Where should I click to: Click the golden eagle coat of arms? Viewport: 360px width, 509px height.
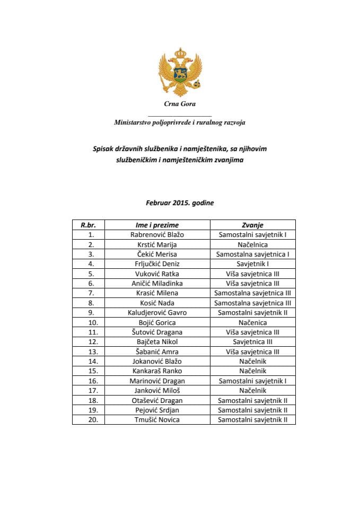tap(179, 72)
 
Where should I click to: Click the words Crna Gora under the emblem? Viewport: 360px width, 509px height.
tap(180, 104)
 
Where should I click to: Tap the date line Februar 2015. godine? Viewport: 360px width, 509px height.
tap(180, 203)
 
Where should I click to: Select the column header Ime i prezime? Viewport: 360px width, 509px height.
tap(157, 225)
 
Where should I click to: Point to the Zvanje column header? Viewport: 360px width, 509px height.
tap(252, 225)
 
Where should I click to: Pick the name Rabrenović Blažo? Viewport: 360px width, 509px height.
tap(157, 234)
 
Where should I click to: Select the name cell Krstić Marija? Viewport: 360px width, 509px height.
tap(157, 244)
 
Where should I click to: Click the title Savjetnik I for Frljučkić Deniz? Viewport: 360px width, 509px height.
tap(252, 264)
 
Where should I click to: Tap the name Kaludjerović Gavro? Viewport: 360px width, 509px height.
tap(157, 313)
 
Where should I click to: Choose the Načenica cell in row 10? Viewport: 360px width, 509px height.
tap(252, 322)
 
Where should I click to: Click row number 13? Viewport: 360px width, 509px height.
tap(91, 352)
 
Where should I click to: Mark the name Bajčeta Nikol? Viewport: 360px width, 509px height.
tap(157, 342)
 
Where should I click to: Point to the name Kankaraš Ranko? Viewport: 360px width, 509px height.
tap(157, 371)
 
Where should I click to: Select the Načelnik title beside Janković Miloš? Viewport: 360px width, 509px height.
tap(252, 391)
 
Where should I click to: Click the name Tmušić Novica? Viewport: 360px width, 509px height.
tap(157, 420)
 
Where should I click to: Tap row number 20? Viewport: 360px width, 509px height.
tap(91, 420)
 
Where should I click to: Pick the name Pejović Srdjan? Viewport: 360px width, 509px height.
tap(157, 410)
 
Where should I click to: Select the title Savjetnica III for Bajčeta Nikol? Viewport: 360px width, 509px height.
tap(252, 342)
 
